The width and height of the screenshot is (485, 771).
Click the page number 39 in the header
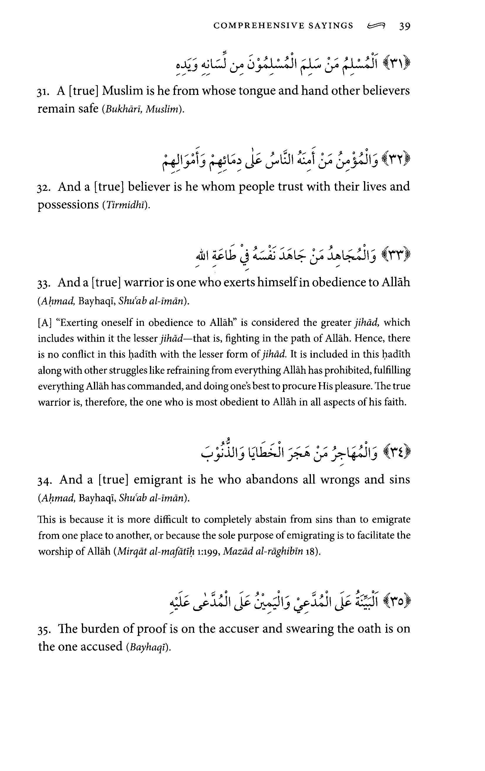coord(405,26)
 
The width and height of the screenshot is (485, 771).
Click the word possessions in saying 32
coord(68,205)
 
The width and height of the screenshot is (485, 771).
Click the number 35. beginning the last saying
coord(45,629)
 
